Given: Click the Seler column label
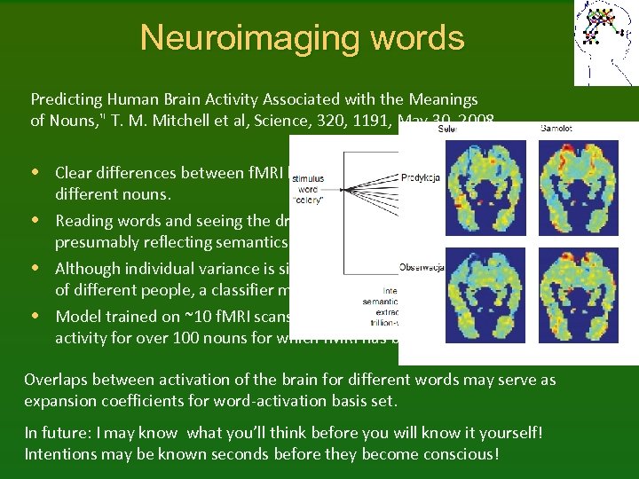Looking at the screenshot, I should pos(448,130).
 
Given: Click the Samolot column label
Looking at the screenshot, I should pos(556,130).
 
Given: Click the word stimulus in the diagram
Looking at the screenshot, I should pos(308,178).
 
